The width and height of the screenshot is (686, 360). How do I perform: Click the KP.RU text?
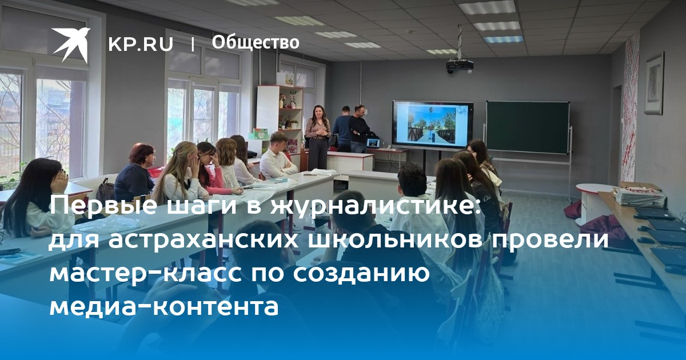(141, 44)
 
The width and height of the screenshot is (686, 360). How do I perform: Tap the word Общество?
(256, 42)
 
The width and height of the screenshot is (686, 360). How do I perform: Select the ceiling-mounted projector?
(460, 66)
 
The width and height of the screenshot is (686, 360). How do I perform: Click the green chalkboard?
(528, 127)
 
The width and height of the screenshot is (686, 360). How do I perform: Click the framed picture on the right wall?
(655, 83)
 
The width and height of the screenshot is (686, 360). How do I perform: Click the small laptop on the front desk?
(373, 143)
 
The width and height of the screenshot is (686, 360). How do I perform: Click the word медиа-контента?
(164, 306)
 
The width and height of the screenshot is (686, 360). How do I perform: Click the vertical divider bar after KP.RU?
(193, 44)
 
